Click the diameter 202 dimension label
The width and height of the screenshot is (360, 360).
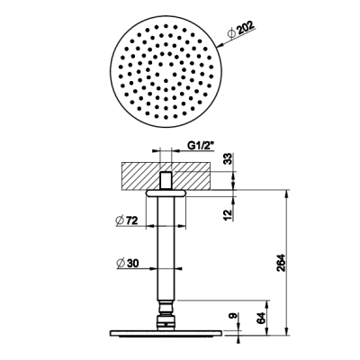pos(241,30)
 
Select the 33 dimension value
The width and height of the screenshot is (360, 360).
pos(229,158)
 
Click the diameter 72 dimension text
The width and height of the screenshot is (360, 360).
pos(127,220)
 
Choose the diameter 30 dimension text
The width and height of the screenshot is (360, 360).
pos(128,264)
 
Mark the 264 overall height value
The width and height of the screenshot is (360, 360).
pos(281,263)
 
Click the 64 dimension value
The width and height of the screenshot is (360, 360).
pos(261,318)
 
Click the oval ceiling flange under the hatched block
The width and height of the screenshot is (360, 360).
pos(166,193)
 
